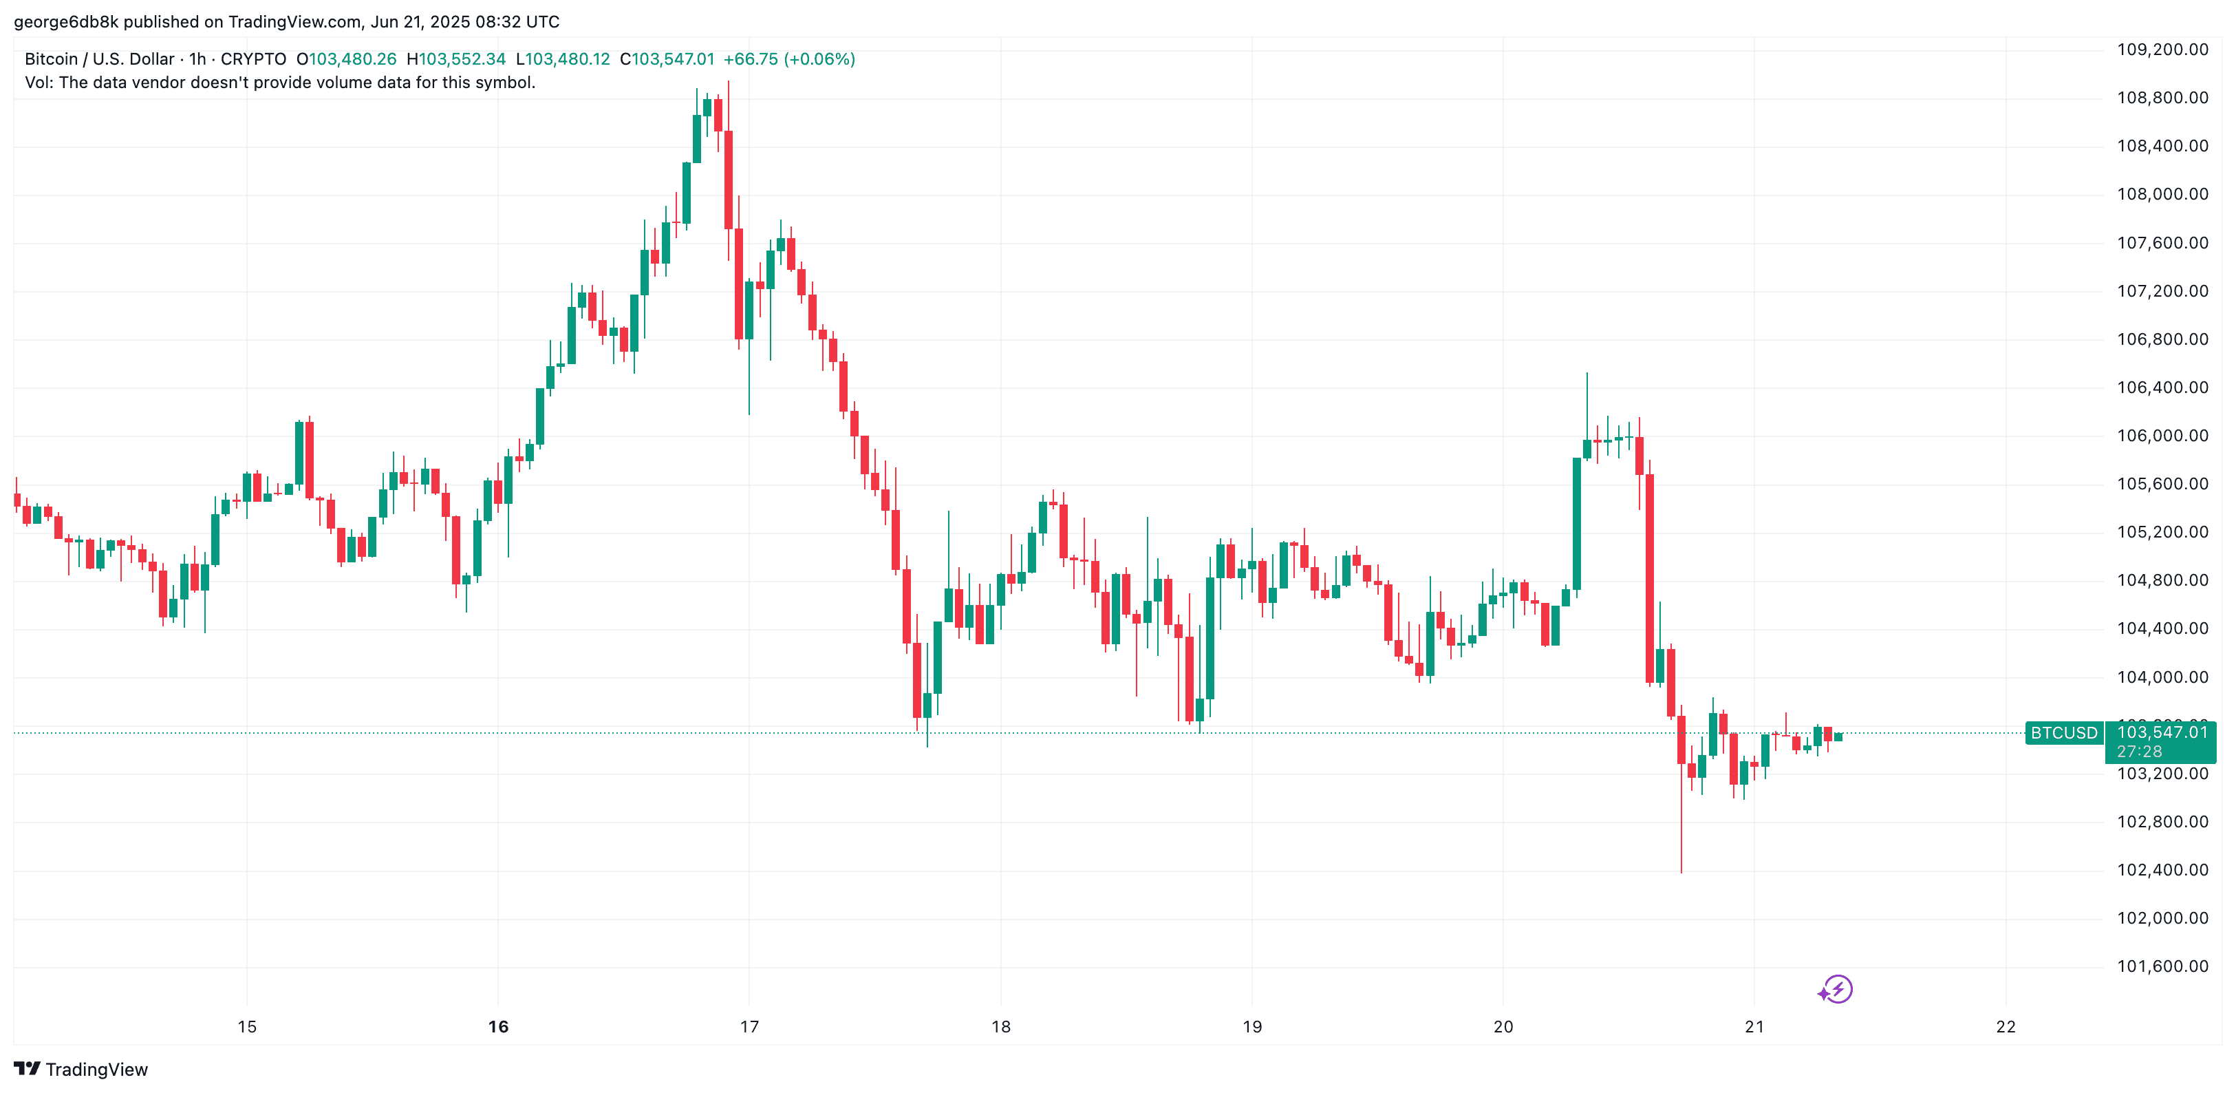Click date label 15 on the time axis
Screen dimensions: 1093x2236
(248, 1027)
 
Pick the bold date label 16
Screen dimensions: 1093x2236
(498, 1027)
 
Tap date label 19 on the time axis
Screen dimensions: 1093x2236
(1251, 1027)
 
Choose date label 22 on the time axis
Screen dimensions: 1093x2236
(2005, 1027)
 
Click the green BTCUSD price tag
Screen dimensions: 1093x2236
(2063, 734)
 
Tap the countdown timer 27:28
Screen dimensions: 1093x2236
(2139, 752)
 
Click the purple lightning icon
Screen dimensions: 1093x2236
(1835, 990)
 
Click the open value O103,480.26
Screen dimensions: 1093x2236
(346, 59)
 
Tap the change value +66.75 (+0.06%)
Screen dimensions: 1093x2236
(789, 59)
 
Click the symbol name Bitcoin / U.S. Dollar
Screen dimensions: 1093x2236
(99, 59)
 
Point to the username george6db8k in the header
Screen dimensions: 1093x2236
(66, 22)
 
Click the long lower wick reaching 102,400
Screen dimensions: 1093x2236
(1681, 825)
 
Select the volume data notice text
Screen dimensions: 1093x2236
(279, 83)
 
